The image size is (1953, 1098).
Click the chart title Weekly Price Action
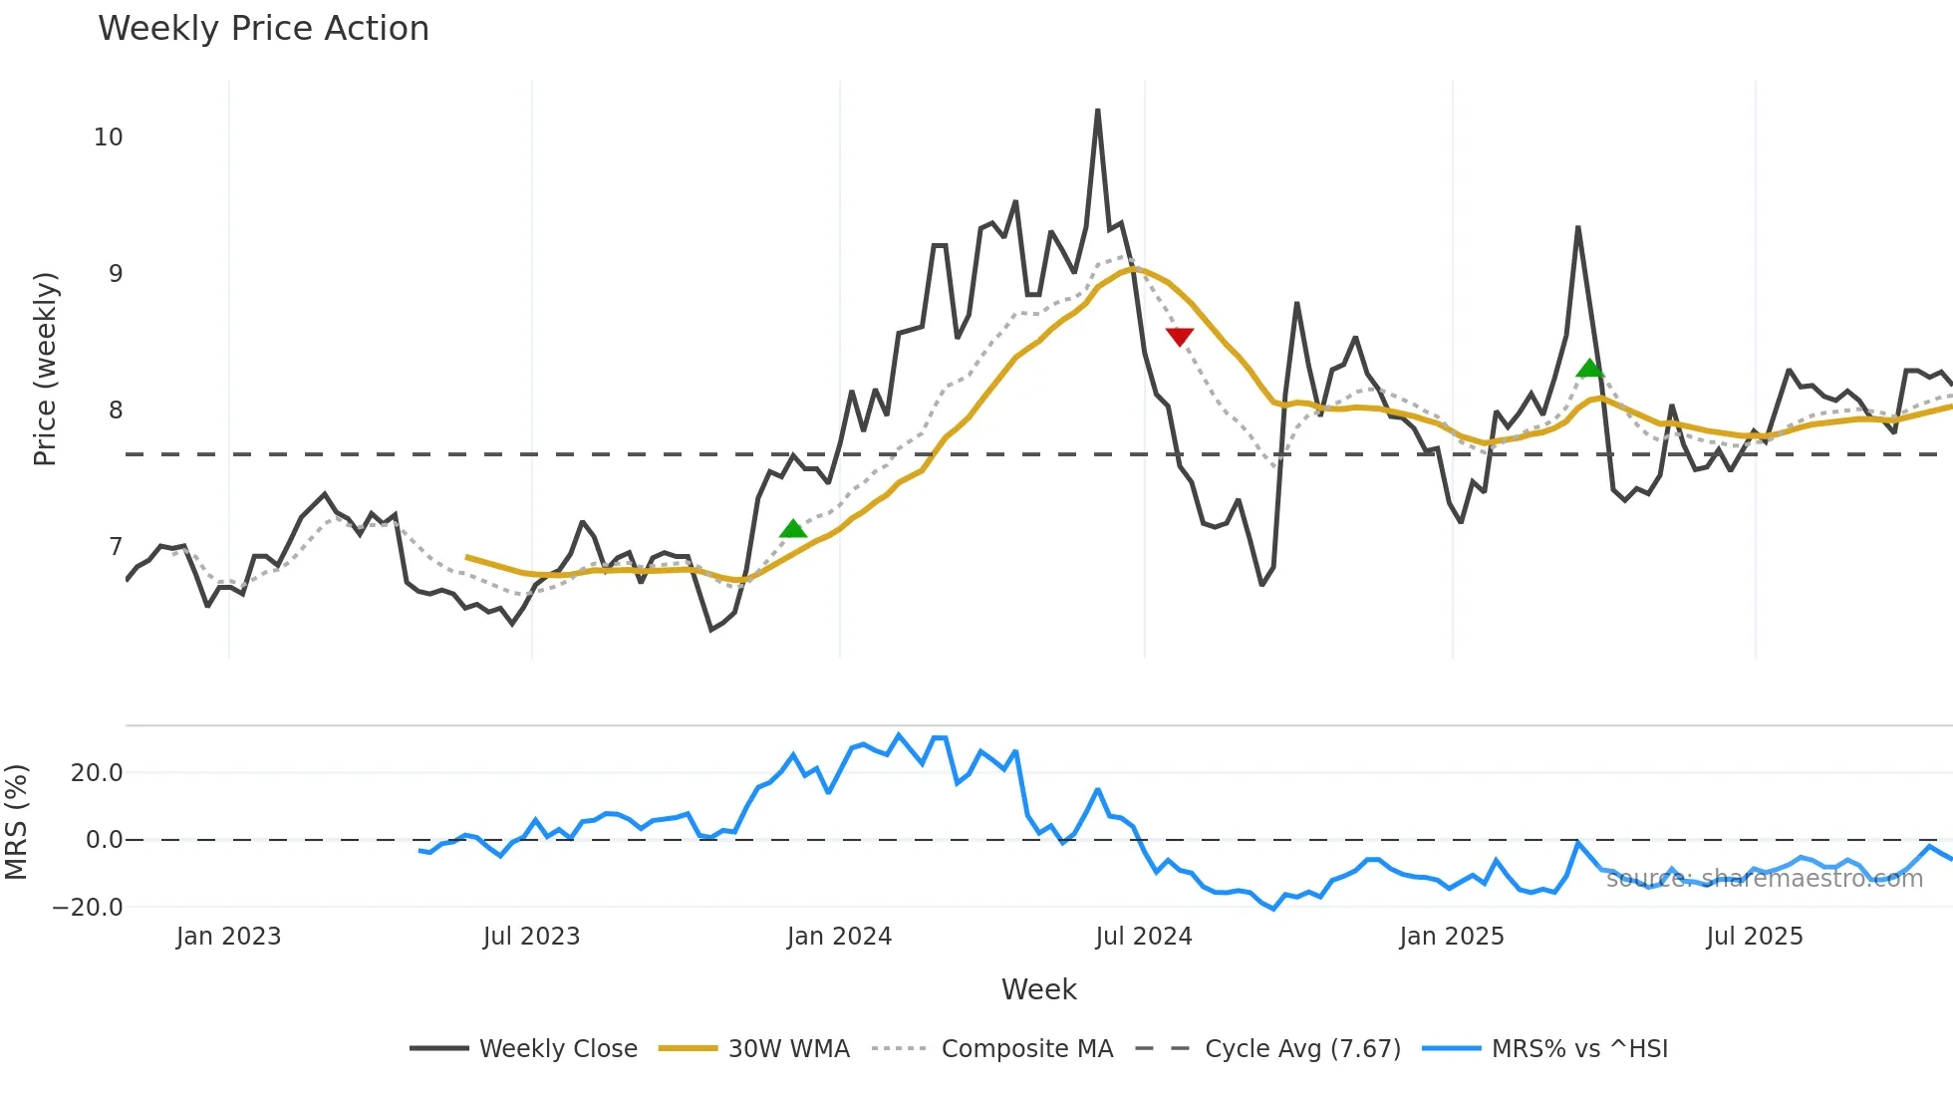[263, 29]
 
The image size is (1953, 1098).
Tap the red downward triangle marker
[1180, 337]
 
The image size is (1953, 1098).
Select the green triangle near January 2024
[793, 529]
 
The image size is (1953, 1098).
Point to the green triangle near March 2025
[1590, 369]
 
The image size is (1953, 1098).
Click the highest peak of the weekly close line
[1098, 111]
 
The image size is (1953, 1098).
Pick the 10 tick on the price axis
[109, 137]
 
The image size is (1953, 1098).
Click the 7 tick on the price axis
[116, 547]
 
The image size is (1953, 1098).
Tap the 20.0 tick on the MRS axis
[97, 773]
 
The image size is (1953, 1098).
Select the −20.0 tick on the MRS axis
[88, 908]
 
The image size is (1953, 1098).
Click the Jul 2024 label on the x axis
[1144, 937]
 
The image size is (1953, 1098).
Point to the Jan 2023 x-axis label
[229, 937]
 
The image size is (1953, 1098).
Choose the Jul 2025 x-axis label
[1755, 937]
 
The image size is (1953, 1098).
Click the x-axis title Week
[1038, 989]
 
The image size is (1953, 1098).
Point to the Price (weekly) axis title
[46, 370]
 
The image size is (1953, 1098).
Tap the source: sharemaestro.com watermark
[1765, 879]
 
